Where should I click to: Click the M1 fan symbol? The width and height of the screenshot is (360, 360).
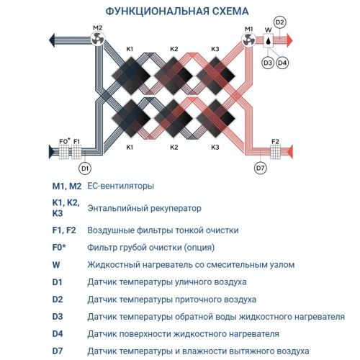[249, 42]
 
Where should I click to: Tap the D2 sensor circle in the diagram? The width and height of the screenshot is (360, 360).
[280, 23]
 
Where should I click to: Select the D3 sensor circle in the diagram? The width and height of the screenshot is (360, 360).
[267, 63]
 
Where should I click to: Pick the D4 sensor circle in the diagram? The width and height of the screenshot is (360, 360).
[282, 63]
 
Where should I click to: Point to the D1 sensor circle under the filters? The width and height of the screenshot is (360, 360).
[85, 168]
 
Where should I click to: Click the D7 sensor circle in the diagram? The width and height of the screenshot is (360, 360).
[261, 168]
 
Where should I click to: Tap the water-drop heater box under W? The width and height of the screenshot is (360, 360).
[269, 42]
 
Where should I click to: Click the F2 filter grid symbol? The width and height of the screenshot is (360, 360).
[274, 152]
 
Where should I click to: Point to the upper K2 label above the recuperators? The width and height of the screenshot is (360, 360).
[174, 49]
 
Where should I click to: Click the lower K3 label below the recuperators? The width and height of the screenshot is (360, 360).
[215, 147]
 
